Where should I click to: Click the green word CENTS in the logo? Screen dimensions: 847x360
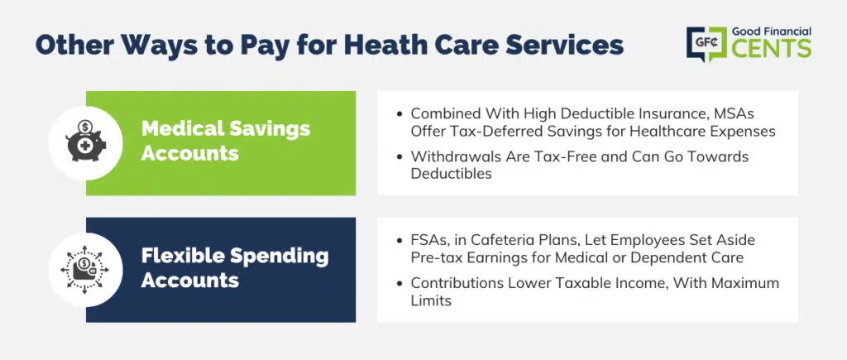(771, 49)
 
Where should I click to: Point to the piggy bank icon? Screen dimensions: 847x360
(85, 142)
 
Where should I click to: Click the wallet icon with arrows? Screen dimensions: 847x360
(85, 269)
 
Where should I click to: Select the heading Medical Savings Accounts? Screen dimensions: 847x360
(226, 141)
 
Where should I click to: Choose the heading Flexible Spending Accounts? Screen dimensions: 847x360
(235, 267)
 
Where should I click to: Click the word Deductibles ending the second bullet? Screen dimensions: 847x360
(451, 174)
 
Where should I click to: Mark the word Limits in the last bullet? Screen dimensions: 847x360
(431, 300)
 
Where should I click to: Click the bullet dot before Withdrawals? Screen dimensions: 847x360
(400, 157)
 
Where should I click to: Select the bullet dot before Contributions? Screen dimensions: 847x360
(400, 283)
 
